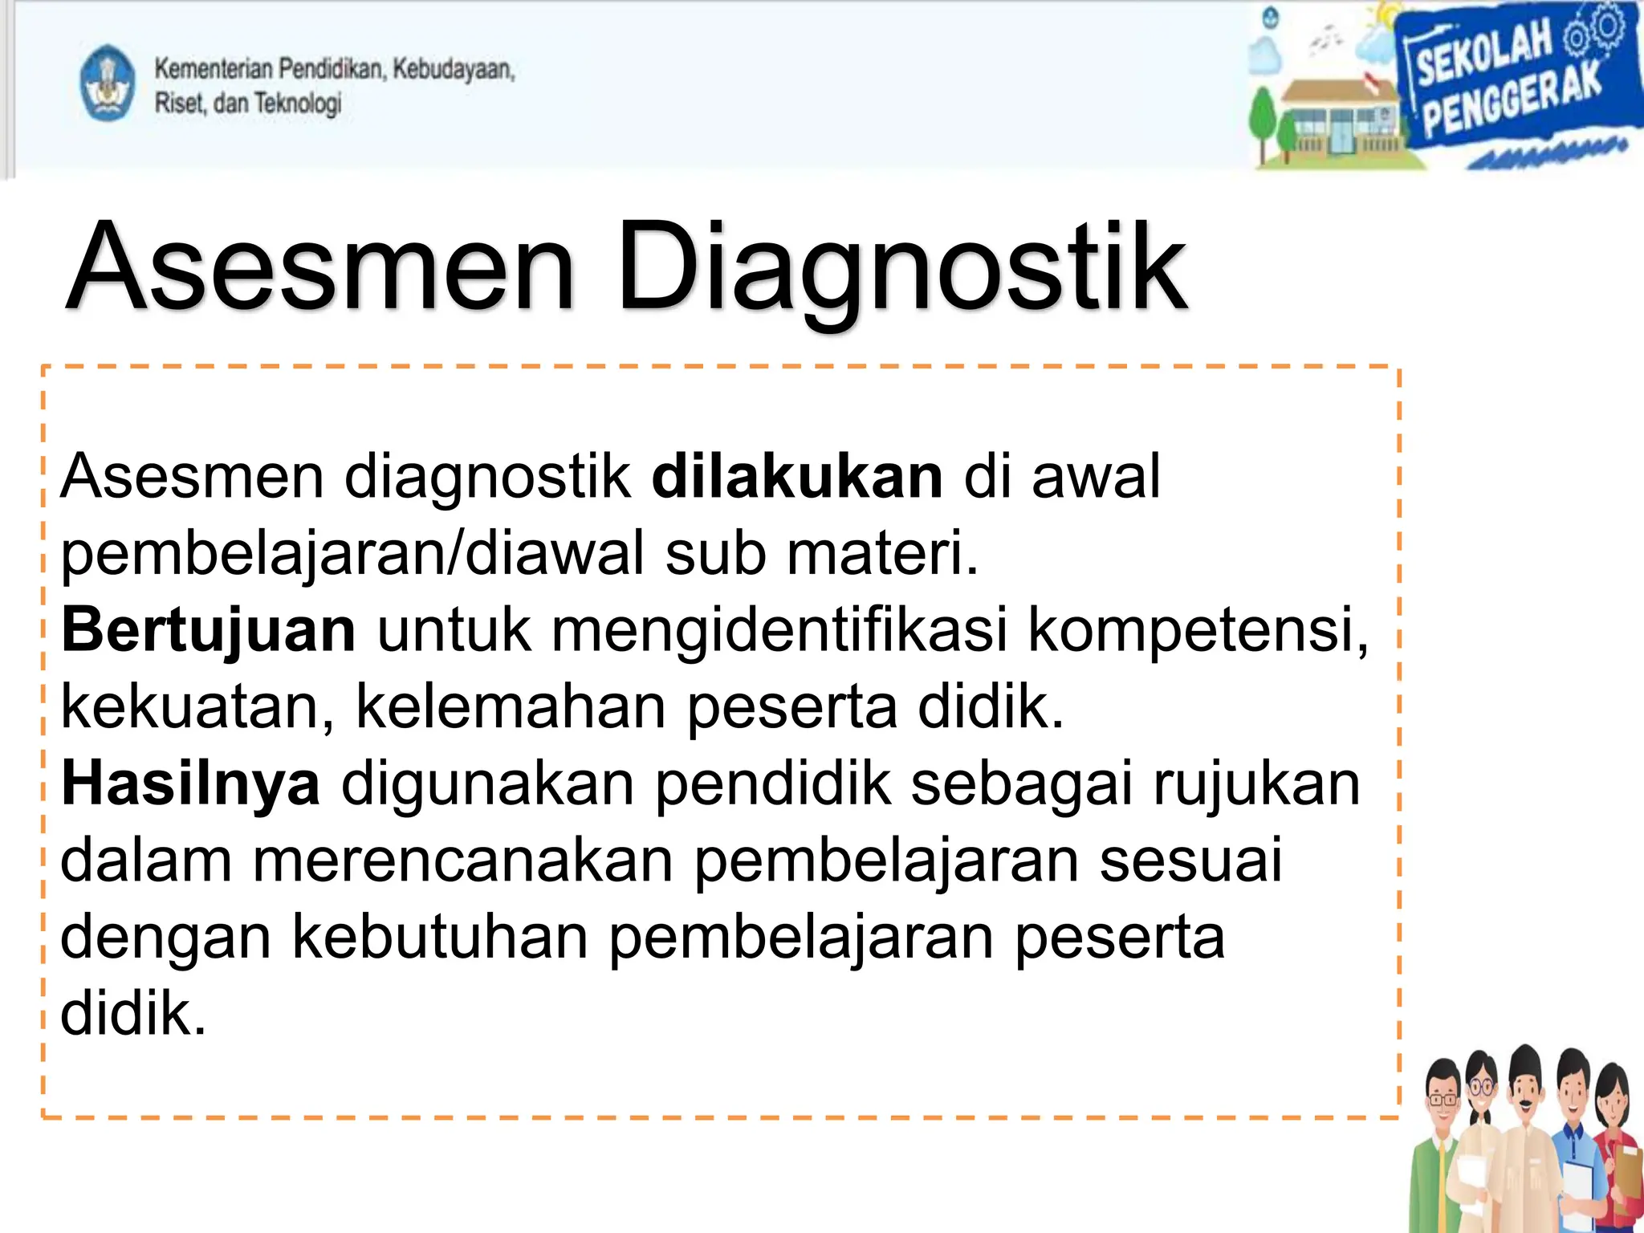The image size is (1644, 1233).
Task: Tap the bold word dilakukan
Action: point(796,477)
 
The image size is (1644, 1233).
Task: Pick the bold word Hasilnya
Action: point(190,784)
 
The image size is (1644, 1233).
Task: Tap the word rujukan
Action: point(1256,784)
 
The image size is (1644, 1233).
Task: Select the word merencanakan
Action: point(462,861)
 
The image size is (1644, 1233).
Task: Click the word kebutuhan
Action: point(439,938)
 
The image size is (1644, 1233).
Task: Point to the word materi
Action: point(881,554)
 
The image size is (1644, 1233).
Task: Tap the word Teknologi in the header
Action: point(297,103)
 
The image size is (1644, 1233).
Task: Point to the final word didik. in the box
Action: point(132,1015)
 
